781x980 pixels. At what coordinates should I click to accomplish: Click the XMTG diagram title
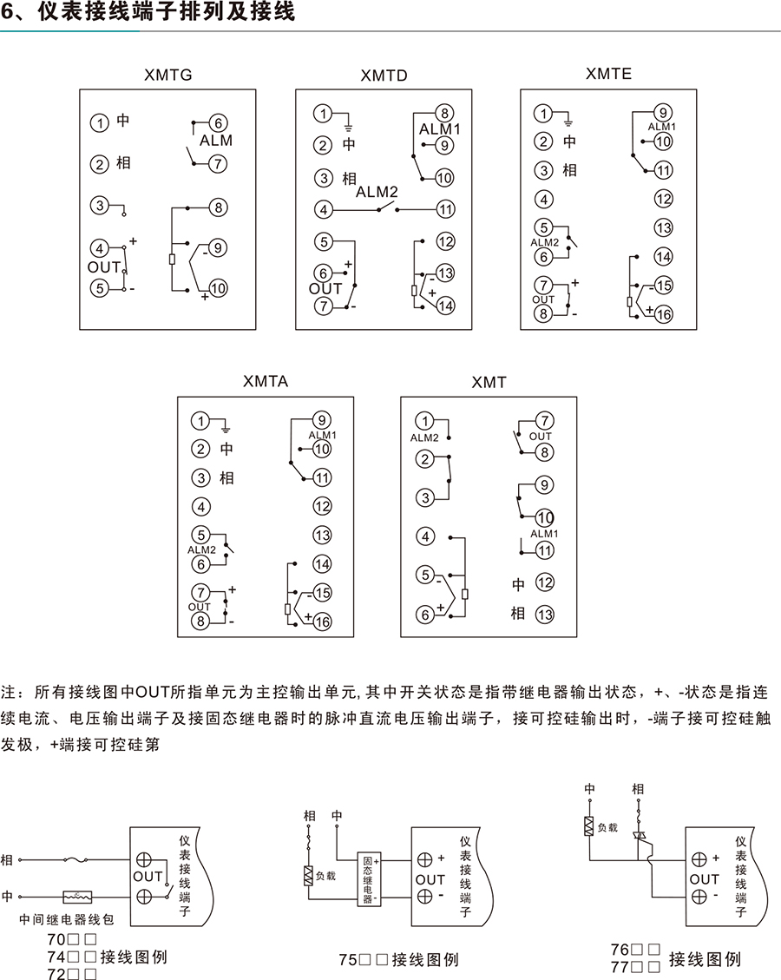(167, 76)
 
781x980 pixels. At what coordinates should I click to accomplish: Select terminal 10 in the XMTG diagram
(217, 288)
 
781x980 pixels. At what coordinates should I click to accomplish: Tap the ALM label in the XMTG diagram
(216, 140)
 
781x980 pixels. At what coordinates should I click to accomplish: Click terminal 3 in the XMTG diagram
(101, 206)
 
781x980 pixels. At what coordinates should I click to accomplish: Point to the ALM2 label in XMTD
(377, 192)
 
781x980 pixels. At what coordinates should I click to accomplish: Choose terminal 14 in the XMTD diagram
(445, 306)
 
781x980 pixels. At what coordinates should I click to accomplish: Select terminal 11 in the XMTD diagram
(445, 209)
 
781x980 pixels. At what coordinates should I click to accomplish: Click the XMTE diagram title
(608, 74)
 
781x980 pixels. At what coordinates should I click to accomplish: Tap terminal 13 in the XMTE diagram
(664, 227)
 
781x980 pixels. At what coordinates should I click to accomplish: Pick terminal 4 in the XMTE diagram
(544, 200)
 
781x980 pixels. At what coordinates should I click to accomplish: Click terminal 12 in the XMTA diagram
(322, 506)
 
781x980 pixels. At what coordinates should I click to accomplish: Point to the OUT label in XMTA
(200, 607)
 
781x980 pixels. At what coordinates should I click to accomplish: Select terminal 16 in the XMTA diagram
(322, 622)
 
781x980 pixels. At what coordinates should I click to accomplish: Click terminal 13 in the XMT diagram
(544, 614)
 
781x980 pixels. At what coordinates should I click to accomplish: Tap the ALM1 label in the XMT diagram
(544, 533)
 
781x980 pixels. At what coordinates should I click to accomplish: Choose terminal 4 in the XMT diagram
(425, 537)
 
